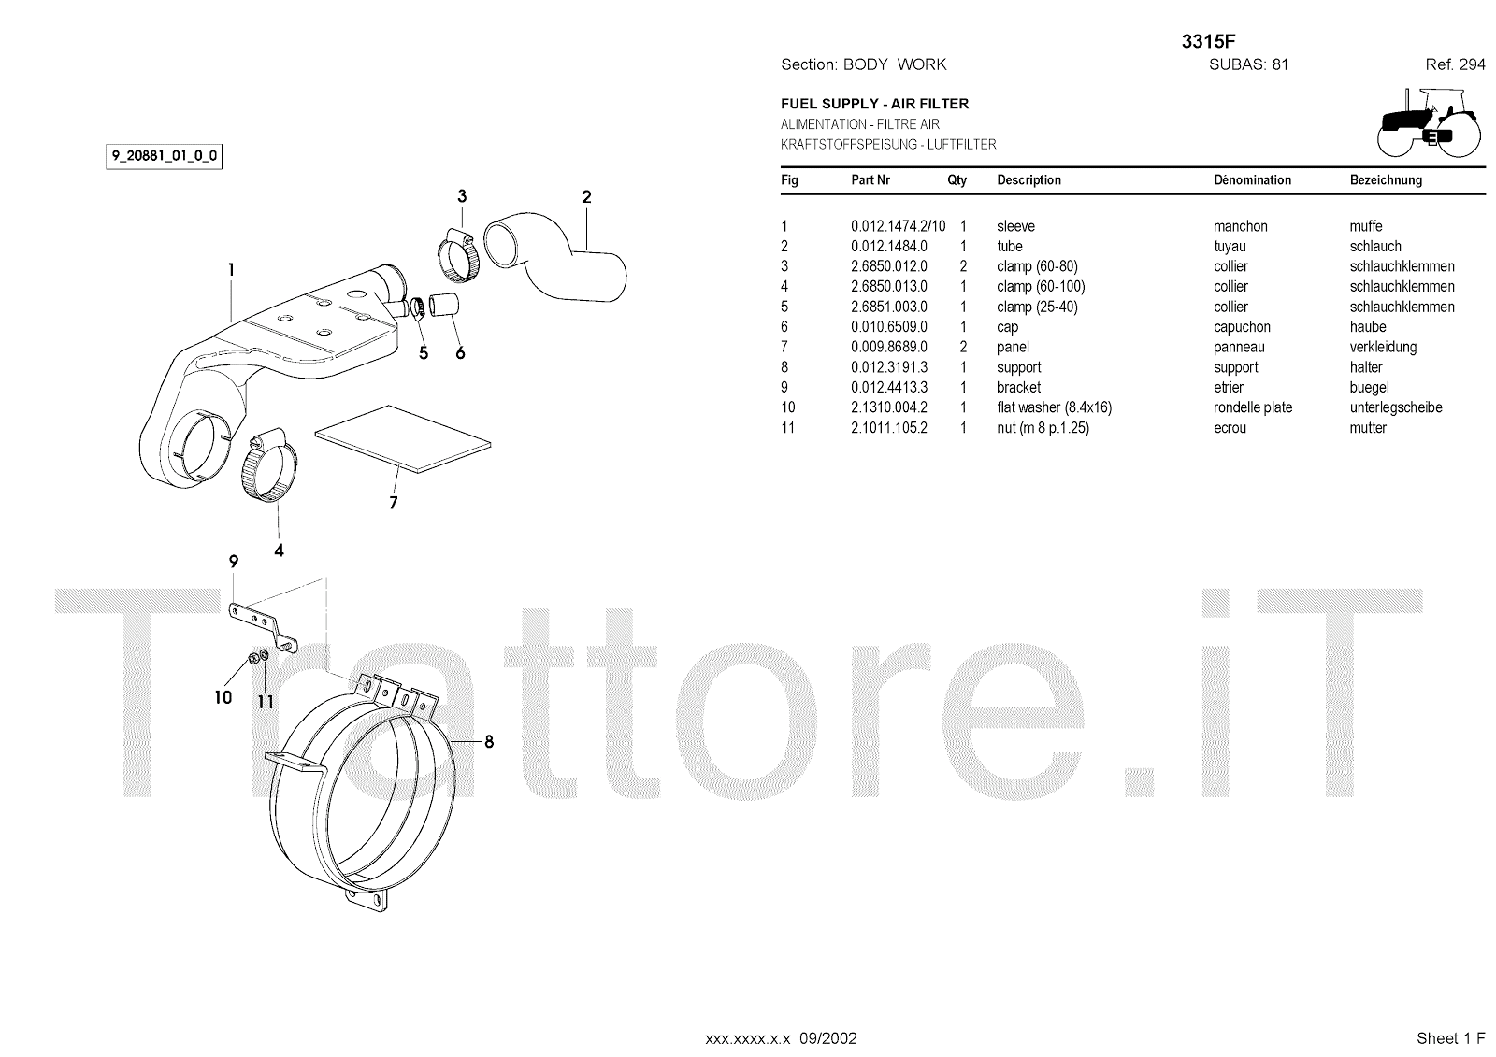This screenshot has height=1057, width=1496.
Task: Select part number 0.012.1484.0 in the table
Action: (888, 247)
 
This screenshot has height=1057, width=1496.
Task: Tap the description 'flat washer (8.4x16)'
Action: (1054, 407)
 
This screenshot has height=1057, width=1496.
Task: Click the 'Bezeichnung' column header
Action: (1386, 180)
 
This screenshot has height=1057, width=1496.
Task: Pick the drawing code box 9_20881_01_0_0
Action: (165, 156)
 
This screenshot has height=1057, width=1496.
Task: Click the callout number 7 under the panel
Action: (394, 503)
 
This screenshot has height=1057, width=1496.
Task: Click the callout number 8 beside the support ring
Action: (488, 742)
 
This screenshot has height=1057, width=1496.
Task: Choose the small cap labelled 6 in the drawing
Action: (446, 305)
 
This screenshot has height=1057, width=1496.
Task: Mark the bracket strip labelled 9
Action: (262, 623)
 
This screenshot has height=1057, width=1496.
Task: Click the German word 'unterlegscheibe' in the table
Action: (1395, 407)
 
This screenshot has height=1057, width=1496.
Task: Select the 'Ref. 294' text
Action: (1455, 64)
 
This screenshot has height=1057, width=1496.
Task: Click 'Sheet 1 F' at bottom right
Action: (1450, 1038)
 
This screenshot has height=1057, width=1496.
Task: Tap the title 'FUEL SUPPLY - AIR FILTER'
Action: (874, 104)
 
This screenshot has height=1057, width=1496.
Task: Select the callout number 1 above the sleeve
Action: (231, 270)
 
